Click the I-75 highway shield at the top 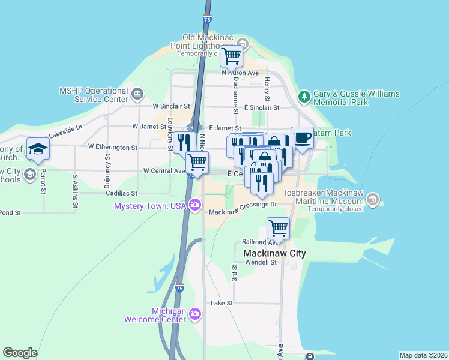point(206,19)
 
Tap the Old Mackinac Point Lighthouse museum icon point(243,43)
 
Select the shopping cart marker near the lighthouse point(231,56)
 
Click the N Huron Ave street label point(240,73)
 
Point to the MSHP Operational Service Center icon point(137,93)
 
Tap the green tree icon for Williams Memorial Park point(304,96)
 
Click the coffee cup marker point(302,138)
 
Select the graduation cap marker point(38,149)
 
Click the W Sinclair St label point(171,106)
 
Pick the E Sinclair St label point(262,107)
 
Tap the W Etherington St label point(113,146)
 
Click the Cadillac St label point(122,193)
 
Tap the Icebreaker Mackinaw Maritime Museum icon point(373,199)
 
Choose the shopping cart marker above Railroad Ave point(278,228)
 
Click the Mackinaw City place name point(274,253)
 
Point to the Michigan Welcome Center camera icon point(194,314)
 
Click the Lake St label point(221,304)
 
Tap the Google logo point(20,353)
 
